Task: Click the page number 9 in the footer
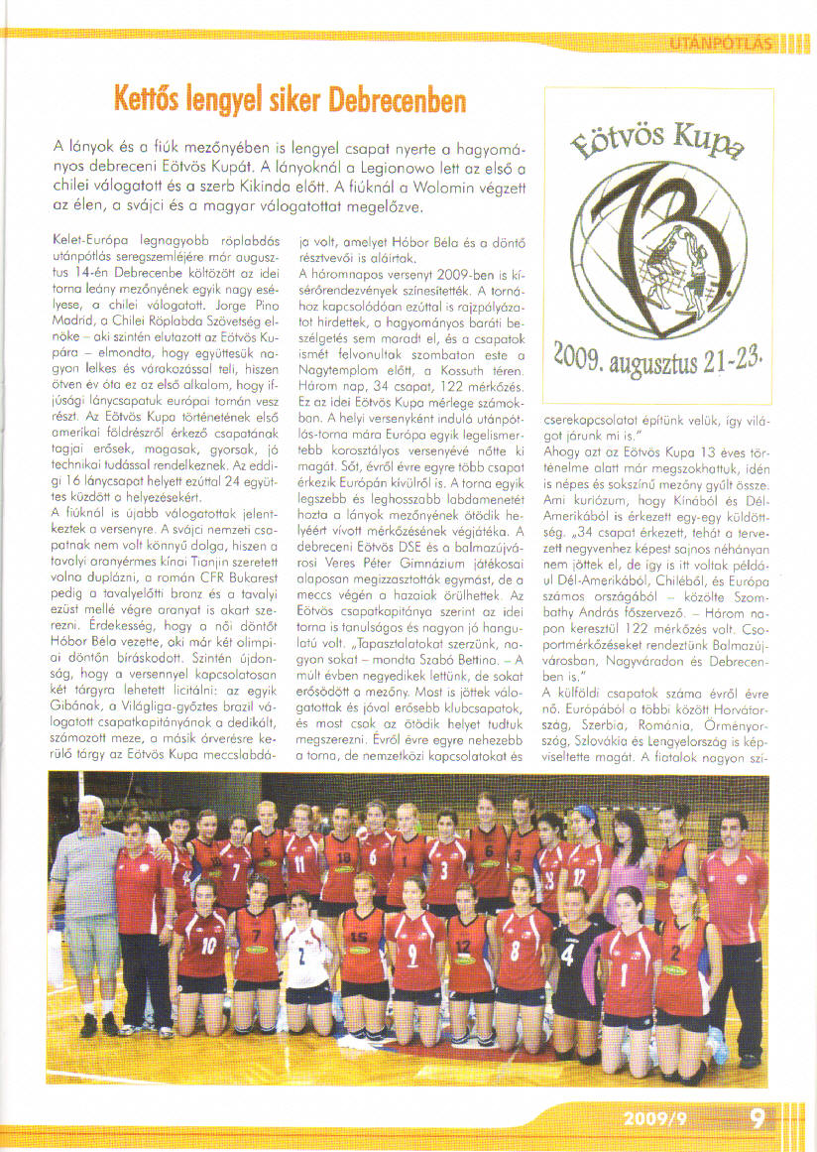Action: (759, 1118)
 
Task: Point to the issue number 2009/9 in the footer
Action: (655, 1119)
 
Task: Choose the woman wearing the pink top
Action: (631, 863)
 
